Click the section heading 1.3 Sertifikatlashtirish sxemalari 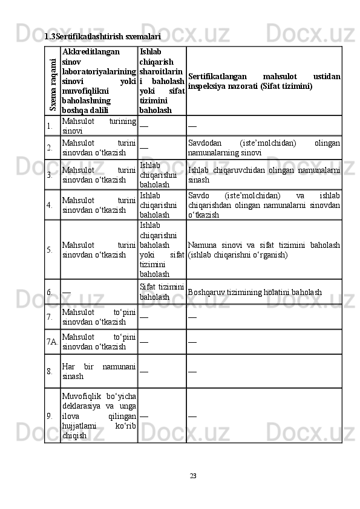(102, 37)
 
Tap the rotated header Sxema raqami (53, 80)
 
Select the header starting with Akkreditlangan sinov (99, 81)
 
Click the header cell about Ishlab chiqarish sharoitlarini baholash (162, 81)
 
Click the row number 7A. (52, 342)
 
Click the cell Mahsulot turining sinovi (98, 126)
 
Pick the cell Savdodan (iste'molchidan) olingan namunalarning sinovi (263, 148)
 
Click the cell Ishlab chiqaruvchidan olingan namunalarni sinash (263, 175)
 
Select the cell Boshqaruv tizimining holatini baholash (254, 293)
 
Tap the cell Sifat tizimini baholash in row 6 (162, 291)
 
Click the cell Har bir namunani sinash (98, 371)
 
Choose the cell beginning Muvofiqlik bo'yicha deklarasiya (98, 415)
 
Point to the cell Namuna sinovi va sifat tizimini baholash (263, 249)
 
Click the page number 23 (193, 476)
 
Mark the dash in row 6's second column (67, 291)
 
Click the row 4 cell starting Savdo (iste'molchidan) (263, 205)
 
